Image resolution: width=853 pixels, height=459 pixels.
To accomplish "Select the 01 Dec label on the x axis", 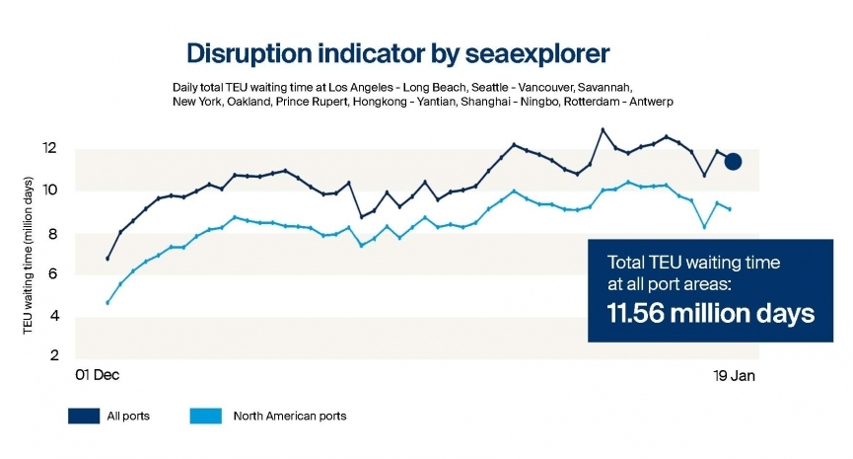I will [98, 377].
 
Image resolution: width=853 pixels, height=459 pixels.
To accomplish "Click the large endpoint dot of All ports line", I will [732, 161].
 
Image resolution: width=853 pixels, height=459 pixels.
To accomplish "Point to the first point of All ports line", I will [107, 259].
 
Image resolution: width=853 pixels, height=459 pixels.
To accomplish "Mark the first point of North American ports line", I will [107, 302].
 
